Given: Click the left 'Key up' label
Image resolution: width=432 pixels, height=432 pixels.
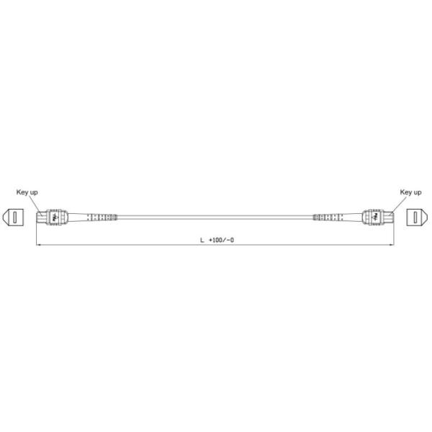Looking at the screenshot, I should [x=28, y=192].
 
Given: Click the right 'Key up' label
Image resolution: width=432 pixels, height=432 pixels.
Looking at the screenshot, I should [x=410, y=192].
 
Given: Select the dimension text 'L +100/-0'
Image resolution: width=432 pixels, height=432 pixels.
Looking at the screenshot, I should [x=216, y=239].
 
